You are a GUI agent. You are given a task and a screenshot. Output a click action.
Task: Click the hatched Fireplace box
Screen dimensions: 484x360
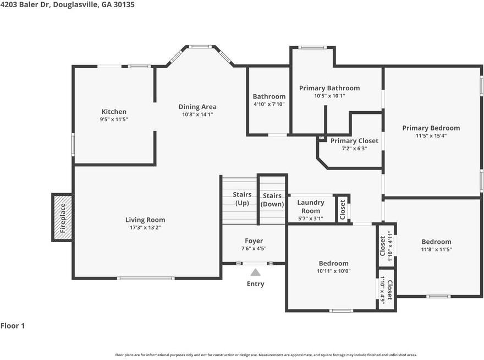pyautogui.click(x=63, y=218)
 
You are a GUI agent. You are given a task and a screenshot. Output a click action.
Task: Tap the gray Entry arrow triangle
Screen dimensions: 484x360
pyautogui.click(x=255, y=272)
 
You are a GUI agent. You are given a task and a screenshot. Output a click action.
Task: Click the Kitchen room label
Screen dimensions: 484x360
pyautogui.click(x=114, y=112)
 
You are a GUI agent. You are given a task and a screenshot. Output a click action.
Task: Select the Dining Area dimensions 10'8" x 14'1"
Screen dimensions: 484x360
pyautogui.click(x=197, y=114)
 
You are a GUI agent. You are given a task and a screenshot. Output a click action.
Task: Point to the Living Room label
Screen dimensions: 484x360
pyautogui.click(x=145, y=220)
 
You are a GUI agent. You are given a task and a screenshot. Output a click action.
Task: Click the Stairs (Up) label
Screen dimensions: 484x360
pyautogui.click(x=242, y=199)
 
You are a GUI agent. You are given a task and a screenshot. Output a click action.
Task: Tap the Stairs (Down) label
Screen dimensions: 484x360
pyautogui.click(x=272, y=200)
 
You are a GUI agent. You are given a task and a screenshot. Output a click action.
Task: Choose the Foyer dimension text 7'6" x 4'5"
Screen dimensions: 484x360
pyautogui.click(x=254, y=248)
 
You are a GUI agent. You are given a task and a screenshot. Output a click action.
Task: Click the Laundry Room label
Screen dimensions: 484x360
pyautogui.click(x=311, y=206)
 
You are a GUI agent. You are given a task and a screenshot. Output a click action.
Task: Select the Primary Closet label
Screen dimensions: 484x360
pyautogui.click(x=354, y=141)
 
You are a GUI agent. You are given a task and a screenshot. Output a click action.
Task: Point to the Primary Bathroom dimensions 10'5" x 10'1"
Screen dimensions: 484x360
pyautogui.click(x=329, y=96)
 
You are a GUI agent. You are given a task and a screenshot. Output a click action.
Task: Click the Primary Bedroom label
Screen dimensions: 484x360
pyautogui.click(x=431, y=128)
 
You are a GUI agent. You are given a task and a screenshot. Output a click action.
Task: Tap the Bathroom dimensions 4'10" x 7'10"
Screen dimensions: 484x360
pyautogui.click(x=269, y=104)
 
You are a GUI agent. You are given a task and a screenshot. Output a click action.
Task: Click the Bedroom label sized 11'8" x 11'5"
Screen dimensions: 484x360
pyautogui.click(x=437, y=242)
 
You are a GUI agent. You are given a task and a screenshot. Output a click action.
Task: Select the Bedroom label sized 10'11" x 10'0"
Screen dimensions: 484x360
pyautogui.click(x=334, y=263)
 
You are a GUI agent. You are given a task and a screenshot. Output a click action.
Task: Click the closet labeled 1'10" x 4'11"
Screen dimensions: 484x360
pyautogui.click(x=386, y=246)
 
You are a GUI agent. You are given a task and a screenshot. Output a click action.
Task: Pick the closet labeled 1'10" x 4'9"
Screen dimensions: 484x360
pyautogui.click(x=386, y=290)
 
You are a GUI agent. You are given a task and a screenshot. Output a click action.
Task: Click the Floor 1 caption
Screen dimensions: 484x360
pyautogui.click(x=13, y=326)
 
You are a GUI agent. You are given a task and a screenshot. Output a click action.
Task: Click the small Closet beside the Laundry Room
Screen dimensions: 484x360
pyautogui.click(x=342, y=210)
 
